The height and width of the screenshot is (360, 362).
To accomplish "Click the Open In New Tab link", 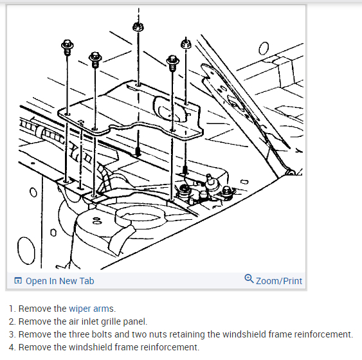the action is click(60, 281).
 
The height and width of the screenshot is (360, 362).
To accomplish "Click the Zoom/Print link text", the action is click(279, 281).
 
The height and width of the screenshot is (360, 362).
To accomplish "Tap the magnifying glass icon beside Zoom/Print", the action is click(249, 279).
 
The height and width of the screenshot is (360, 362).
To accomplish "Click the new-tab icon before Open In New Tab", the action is click(18, 281).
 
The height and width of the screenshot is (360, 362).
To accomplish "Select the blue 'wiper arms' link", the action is click(92, 309).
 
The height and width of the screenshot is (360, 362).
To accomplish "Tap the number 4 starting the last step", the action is click(12, 347).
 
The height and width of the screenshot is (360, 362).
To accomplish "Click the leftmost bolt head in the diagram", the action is click(67, 45).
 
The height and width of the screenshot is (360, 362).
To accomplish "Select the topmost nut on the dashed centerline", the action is click(138, 27).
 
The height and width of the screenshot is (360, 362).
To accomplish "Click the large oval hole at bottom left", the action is click(26, 250).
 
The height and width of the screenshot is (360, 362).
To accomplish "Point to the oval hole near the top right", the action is click(264, 48).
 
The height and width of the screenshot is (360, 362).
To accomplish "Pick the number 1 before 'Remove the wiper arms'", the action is click(12, 309).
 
